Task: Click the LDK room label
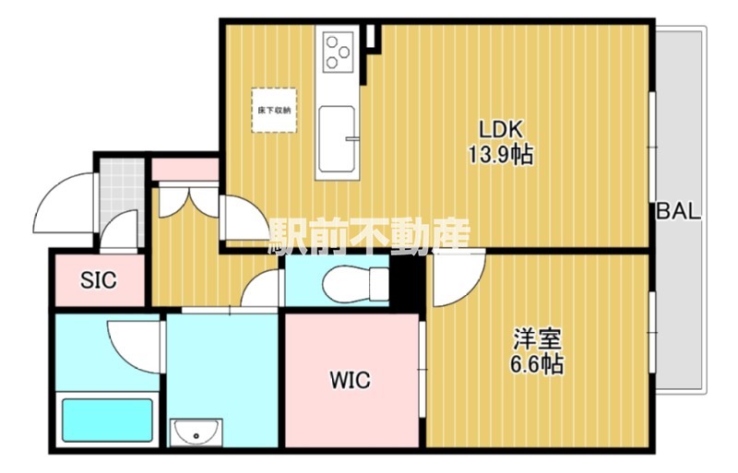pyautogui.click(x=500, y=129)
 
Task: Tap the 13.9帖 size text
pyautogui.click(x=500, y=153)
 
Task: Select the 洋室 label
pyautogui.click(x=537, y=339)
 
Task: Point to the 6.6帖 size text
pyautogui.click(x=537, y=364)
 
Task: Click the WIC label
pyautogui.click(x=351, y=380)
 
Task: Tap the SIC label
pyautogui.click(x=99, y=280)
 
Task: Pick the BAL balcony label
pyautogui.click(x=679, y=211)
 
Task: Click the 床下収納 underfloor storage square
pyautogui.click(x=274, y=110)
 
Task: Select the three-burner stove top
pyautogui.click(x=338, y=52)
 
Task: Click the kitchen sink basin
pyautogui.click(x=336, y=139)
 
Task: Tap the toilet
pyautogui.click(x=356, y=284)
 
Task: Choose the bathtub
pyautogui.click(x=108, y=420)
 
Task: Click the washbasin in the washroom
pyautogui.click(x=196, y=432)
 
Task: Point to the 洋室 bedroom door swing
pyautogui.click(x=458, y=278)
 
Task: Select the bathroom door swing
pyautogui.click(x=135, y=347)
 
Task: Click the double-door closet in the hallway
pyautogui.click(x=188, y=201)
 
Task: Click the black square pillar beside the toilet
pyautogui.click(x=407, y=282)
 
